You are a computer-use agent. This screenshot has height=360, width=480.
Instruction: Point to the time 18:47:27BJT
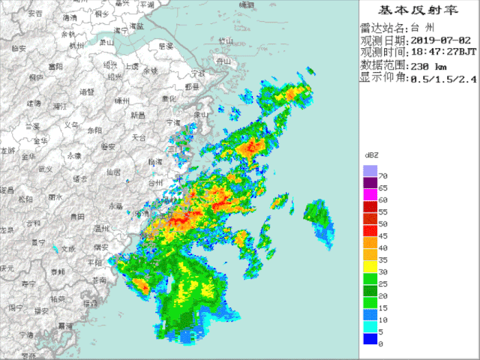(x=440, y=52)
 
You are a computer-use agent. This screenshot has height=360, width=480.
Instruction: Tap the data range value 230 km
(x=429, y=65)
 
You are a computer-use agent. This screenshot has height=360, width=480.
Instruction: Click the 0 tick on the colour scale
(x=381, y=343)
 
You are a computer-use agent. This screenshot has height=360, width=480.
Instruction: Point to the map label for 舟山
(x=222, y=60)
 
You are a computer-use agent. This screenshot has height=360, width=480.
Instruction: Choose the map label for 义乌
(x=71, y=125)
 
